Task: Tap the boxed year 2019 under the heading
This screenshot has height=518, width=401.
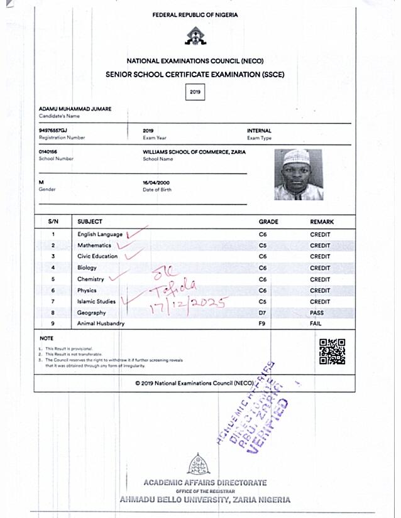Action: pyautogui.click(x=195, y=92)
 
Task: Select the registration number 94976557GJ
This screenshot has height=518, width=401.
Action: pyautogui.click(x=53, y=131)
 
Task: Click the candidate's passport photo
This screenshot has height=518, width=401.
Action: pyautogui.click(x=298, y=175)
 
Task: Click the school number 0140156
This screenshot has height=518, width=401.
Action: pyautogui.click(x=48, y=152)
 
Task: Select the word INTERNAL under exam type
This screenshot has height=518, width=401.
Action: pyautogui.click(x=259, y=131)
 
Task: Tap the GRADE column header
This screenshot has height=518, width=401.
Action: pyautogui.click(x=268, y=222)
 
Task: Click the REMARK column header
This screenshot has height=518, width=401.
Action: pyautogui.click(x=322, y=222)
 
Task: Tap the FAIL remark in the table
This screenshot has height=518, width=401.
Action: pyautogui.click(x=317, y=323)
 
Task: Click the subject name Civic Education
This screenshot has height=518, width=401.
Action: pyautogui.click(x=97, y=256)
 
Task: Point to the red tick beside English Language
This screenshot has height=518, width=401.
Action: pyautogui.click(x=136, y=233)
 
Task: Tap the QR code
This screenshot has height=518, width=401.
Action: pyautogui.click(x=332, y=352)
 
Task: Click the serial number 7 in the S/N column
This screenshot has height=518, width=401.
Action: pyautogui.click(x=53, y=301)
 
